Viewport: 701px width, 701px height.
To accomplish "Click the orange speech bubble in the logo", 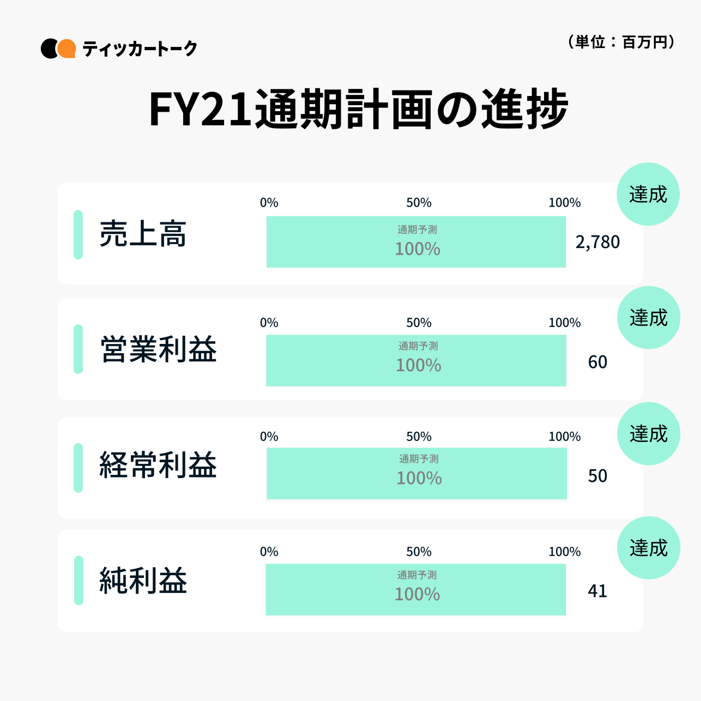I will [x=67, y=49].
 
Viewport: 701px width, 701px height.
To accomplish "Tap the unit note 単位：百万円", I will [x=621, y=42].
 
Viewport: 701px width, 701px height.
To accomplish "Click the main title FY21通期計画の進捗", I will [x=358, y=110].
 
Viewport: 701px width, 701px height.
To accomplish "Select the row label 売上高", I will [x=143, y=234].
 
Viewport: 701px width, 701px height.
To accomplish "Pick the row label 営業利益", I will [x=158, y=349].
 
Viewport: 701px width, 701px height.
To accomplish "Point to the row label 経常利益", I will [x=158, y=466].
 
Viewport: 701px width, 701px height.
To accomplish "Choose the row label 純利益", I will [x=143, y=580].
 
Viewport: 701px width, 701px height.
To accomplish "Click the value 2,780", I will [x=597, y=242].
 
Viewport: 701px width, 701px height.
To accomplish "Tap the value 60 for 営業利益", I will [x=597, y=362].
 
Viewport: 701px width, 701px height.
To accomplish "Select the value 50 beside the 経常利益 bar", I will [x=597, y=476].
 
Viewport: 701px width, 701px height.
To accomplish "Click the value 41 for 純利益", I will [x=597, y=591].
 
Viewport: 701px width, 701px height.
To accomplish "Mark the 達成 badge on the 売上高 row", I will [x=648, y=194].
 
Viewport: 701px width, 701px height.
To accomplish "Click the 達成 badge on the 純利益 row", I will [x=649, y=548].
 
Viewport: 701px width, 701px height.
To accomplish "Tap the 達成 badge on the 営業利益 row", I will [x=649, y=317].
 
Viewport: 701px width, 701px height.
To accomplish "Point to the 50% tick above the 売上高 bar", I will [x=419, y=203].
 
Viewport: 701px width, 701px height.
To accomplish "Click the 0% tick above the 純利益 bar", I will [x=269, y=552].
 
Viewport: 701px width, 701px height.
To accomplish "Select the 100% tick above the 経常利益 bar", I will [x=564, y=437].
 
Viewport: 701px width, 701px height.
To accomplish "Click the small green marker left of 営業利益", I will [x=78, y=349].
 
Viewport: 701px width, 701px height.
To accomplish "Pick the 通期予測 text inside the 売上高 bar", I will [x=417, y=229].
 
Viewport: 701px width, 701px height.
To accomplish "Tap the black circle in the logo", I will [x=49, y=49].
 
